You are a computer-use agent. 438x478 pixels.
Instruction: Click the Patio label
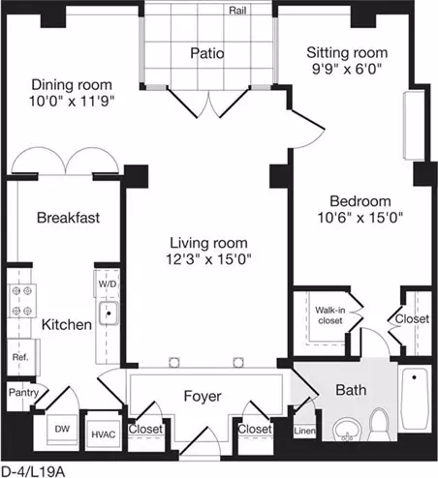[x=207, y=53]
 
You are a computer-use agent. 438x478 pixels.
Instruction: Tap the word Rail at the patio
[x=237, y=11]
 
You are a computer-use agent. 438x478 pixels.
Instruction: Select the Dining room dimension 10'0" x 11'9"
[x=72, y=102]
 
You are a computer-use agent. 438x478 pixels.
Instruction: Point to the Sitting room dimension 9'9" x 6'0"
[x=347, y=69]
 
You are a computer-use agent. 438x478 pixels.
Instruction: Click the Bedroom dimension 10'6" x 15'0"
[x=360, y=218]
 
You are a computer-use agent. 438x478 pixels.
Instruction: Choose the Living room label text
[x=208, y=243]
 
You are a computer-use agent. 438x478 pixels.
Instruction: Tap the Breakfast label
[x=68, y=218]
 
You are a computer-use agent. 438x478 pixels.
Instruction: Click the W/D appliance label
[x=108, y=284]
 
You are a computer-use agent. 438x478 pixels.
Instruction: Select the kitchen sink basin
[x=109, y=314]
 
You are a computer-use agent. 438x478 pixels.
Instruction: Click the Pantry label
[x=23, y=393]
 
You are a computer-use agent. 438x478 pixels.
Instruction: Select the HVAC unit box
[x=104, y=434]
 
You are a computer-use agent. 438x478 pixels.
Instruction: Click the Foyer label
[x=203, y=396]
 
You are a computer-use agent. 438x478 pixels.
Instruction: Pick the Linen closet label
[x=304, y=431]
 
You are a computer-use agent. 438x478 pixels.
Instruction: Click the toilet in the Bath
[x=380, y=424]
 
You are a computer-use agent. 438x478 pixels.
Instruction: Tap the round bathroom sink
[x=347, y=431]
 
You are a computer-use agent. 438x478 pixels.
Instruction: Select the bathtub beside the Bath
[x=415, y=398]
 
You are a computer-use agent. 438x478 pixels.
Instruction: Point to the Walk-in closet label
[x=330, y=315]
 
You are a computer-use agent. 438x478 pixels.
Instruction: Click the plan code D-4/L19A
[x=34, y=471]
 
